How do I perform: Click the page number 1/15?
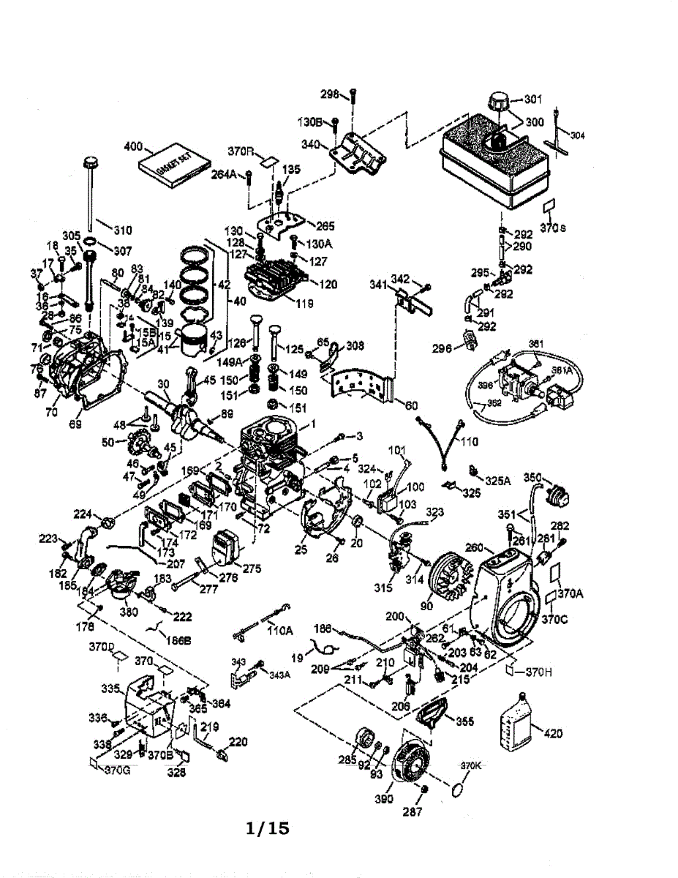click(268, 828)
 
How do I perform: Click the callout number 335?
click(110, 688)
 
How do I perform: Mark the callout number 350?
click(532, 478)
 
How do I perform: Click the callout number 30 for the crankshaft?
click(163, 383)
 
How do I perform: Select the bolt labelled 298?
click(353, 102)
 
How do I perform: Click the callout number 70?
click(51, 412)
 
